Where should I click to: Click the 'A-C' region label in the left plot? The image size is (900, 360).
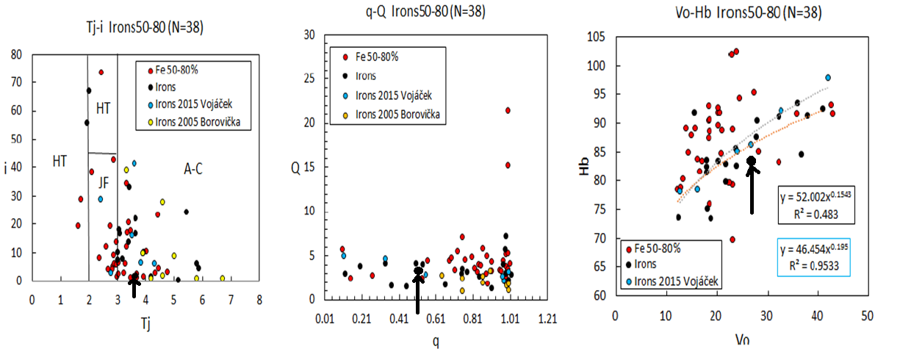[193, 170]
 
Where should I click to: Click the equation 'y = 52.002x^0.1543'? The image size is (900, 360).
[807, 199]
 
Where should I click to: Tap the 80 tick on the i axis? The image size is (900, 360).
[17, 54]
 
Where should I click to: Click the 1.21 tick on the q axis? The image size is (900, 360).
[547, 320]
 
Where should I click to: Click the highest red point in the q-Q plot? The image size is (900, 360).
[508, 110]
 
